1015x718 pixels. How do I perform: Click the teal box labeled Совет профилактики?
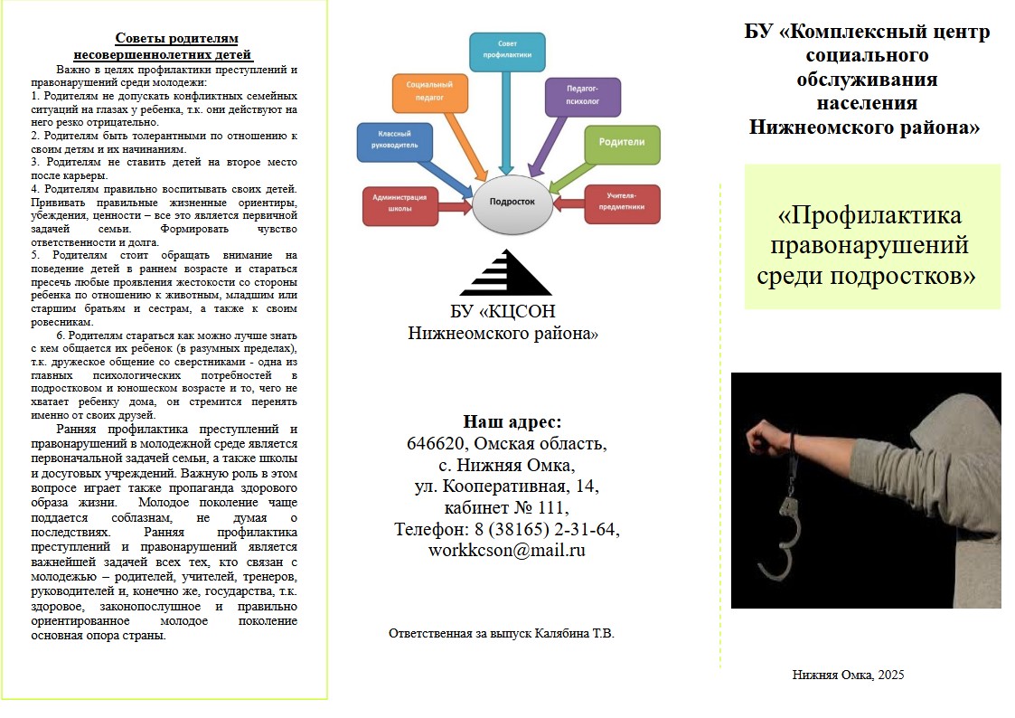click(507, 52)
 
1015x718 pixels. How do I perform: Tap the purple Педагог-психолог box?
click(582, 97)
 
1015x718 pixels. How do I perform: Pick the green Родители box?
click(622, 143)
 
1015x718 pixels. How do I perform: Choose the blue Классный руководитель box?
click(394, 143)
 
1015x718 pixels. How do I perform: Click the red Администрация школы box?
click(399, 204)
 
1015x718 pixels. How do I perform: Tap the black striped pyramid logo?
click(505, 272)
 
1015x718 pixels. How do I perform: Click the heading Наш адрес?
click(512, 421)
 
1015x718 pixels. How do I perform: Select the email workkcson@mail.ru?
click(506, 549)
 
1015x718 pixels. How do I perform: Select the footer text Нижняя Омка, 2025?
click(848, 675)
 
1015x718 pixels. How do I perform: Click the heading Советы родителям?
click(176, 38)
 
